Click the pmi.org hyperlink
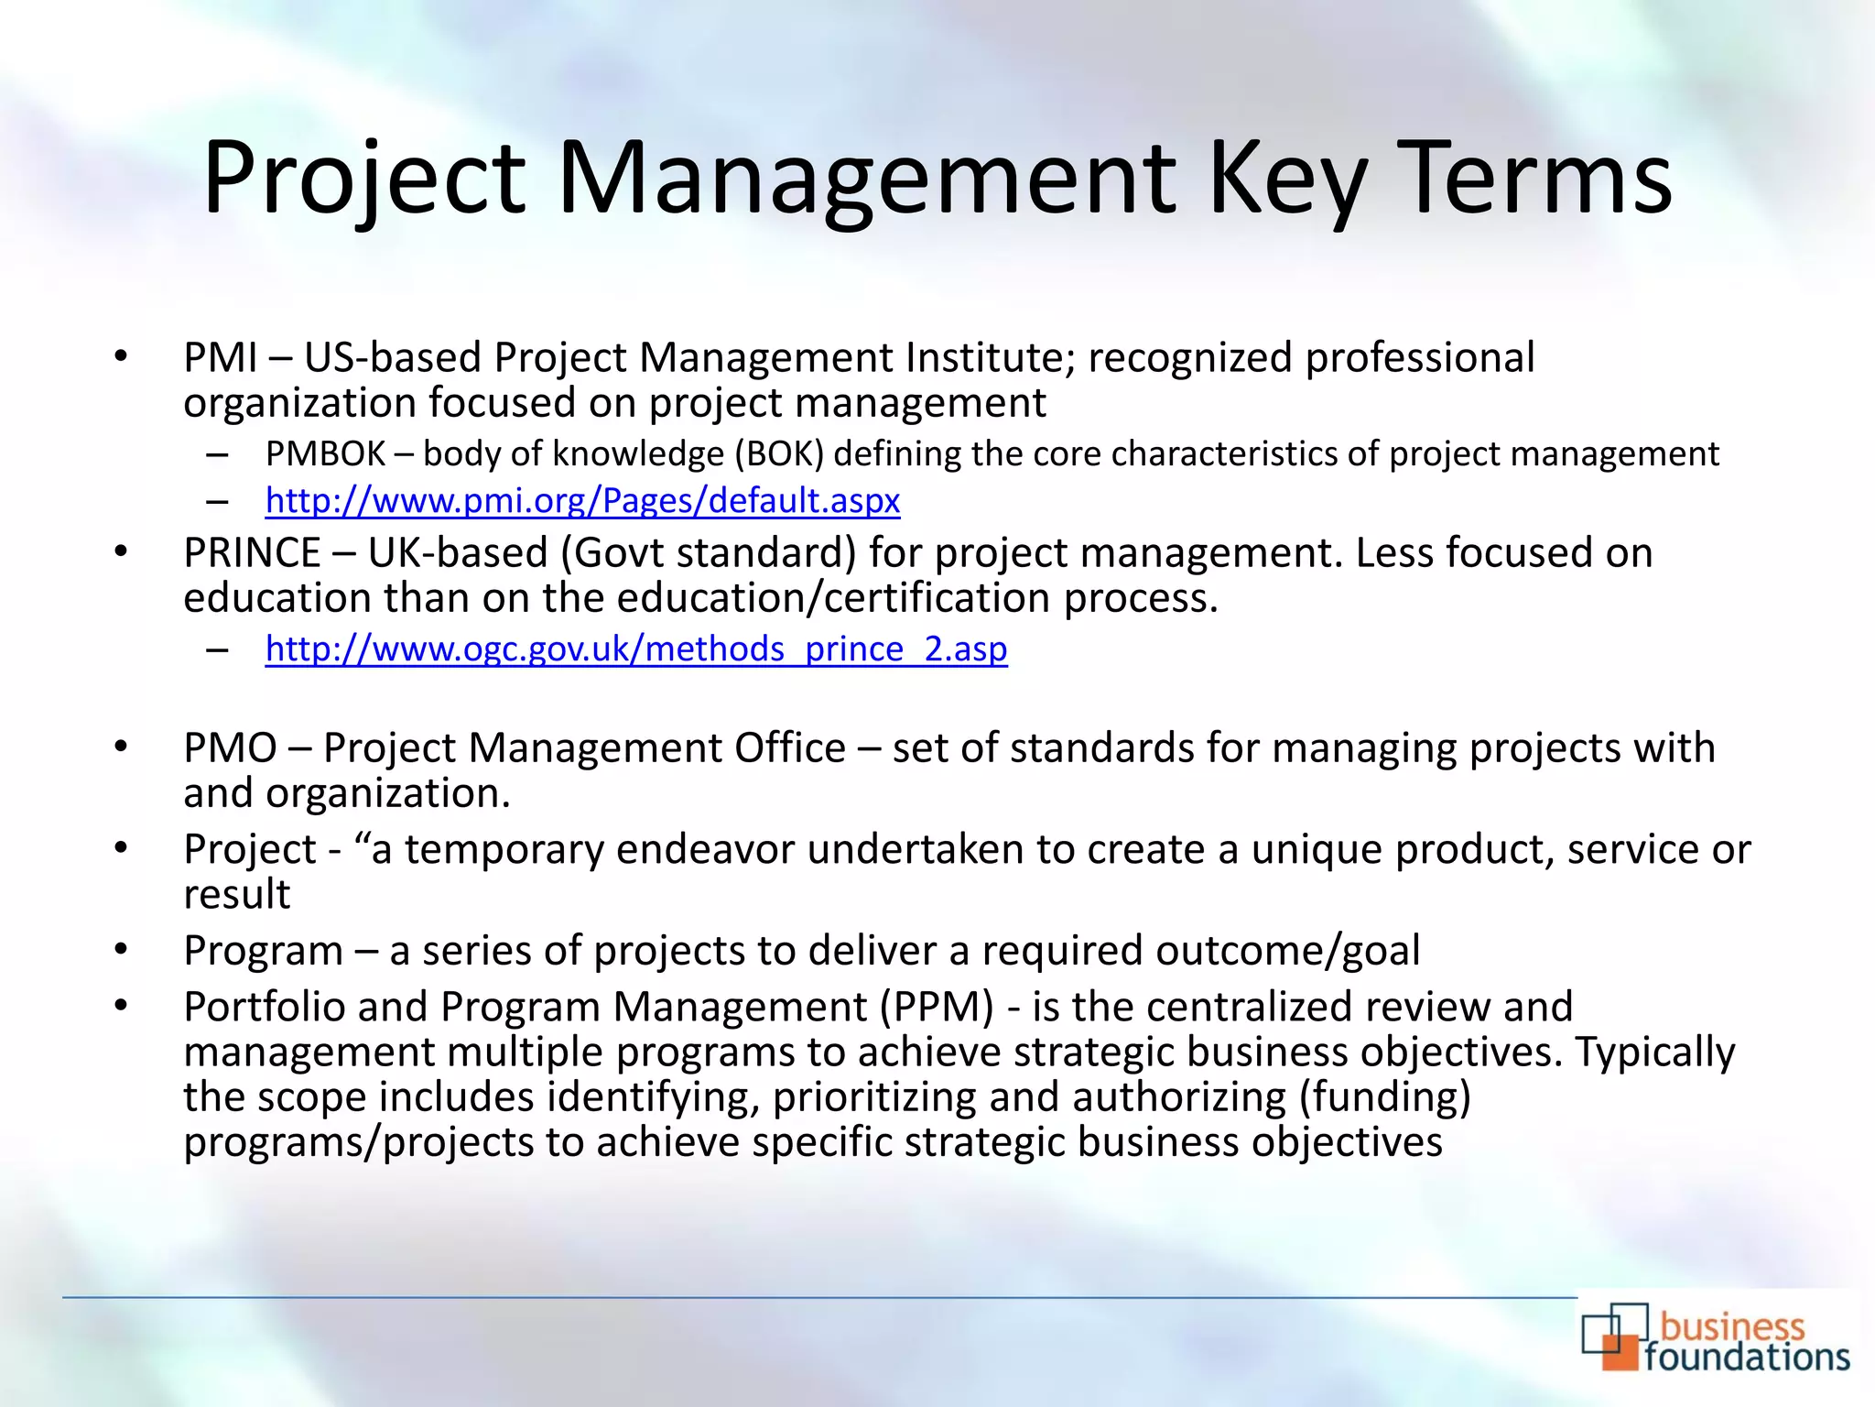582,500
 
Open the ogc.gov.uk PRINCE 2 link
636,649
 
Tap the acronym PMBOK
325,454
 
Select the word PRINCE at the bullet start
252,553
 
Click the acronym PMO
230,748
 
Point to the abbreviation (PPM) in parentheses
937,1008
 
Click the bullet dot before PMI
121,357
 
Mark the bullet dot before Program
121,950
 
